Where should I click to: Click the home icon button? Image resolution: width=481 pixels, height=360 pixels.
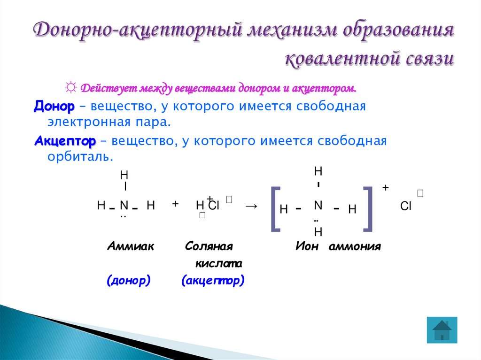pyautogui.click(x=442, y=329)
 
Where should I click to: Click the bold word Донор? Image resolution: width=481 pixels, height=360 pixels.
pyautogui.click(x=54, y=107)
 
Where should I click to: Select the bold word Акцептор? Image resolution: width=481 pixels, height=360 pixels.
pyautogui.click(x=65, y=141)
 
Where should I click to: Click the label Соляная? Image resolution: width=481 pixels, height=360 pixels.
pyautogui.click(x=209, y=246)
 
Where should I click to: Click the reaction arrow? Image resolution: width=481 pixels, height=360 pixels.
pyautogui.click(x=251, y=206)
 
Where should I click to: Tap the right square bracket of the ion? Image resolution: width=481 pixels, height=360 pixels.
pyautogui.click(x=368, y=209)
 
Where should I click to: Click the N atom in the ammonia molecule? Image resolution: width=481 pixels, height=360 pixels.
pyautogui.click(x=124, y=205)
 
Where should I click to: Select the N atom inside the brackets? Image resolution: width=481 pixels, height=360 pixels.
pyautogui.click(x=318, y=205)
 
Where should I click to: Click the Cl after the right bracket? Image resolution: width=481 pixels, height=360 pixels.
pyautogui.click(x=405, y=207)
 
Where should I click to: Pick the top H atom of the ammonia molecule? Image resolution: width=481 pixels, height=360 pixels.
pyautogui.click(x=124, y=175)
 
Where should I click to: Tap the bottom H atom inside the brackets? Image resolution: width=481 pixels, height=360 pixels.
pyautogui.click(x=318, y=232)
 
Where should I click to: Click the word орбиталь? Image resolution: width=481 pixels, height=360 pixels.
pyautogui.click(x=80, y=157)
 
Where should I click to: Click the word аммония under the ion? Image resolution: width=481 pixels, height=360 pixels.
pyautogui.click(x=355, y=246)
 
